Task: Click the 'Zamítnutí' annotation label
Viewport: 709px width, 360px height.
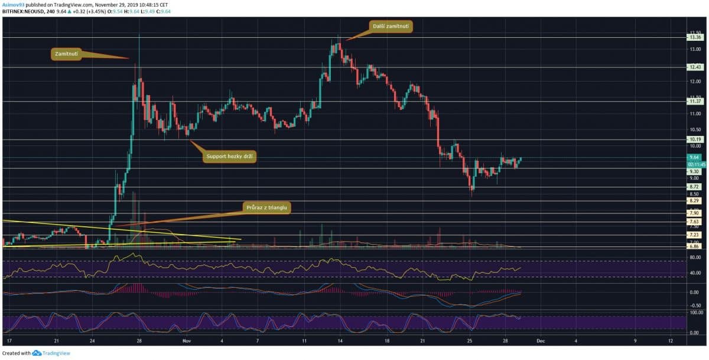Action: click(66, 54)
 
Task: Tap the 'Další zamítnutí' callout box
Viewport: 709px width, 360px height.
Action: click(392, 26)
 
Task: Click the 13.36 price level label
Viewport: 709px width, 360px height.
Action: click(694, 37)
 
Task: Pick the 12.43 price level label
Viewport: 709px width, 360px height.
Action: click(694, 67)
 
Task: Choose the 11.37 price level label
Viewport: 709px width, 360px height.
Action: click(694, 101)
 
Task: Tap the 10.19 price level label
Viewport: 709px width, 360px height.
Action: click(694, 140)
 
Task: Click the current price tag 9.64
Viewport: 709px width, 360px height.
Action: click(694, 157)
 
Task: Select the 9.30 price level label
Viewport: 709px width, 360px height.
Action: click(694, 171)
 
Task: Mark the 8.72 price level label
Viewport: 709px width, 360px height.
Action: click(694, 187)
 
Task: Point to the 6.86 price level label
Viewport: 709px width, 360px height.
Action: click(694, 248)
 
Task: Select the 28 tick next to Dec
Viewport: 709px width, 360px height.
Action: click(506, 341)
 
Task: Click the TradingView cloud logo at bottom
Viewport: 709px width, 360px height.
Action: click(37, 353)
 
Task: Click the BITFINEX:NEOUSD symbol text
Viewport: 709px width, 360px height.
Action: click(24, 11)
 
